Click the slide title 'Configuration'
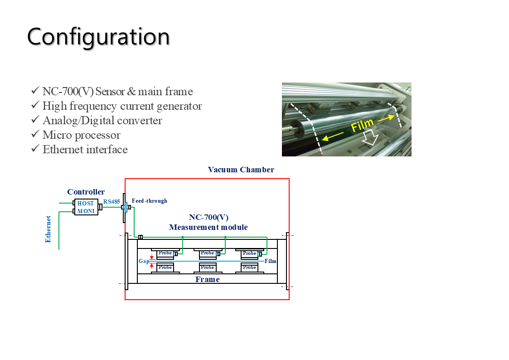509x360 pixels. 98,37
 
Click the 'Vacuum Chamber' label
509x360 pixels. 241,170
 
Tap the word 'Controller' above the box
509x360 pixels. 86,192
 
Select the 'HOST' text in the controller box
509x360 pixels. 86,204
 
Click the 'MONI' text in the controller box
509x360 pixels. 86,211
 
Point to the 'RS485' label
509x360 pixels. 111,201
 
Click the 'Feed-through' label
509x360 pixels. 150,201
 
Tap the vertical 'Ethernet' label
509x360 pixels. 48,229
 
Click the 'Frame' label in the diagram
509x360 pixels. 208,279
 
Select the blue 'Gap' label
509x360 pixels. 144,261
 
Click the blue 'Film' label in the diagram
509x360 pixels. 271,261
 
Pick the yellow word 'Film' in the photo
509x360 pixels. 363,124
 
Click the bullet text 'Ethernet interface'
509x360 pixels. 85,149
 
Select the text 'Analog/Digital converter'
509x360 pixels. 102,120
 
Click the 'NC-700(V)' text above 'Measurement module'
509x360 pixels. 208,217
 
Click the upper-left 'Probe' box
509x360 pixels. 165,253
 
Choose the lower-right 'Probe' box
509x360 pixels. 249,268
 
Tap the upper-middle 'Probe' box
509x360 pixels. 207,253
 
